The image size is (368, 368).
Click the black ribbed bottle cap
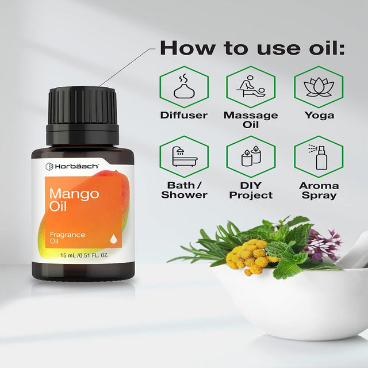82,116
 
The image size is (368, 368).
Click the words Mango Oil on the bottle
74,200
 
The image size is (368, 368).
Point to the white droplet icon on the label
113,239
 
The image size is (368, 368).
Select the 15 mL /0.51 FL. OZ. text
85,255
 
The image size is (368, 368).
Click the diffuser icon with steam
184,87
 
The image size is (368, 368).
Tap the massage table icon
251,86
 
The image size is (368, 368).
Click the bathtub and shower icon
185,156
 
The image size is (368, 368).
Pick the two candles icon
251,156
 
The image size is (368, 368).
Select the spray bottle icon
317,156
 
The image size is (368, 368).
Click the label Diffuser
184,115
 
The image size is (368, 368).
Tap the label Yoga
319,116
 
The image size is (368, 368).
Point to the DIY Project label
251,190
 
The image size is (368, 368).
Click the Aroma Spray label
319,190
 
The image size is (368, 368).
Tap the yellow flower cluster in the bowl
250,256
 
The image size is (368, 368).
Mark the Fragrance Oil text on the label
67,237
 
